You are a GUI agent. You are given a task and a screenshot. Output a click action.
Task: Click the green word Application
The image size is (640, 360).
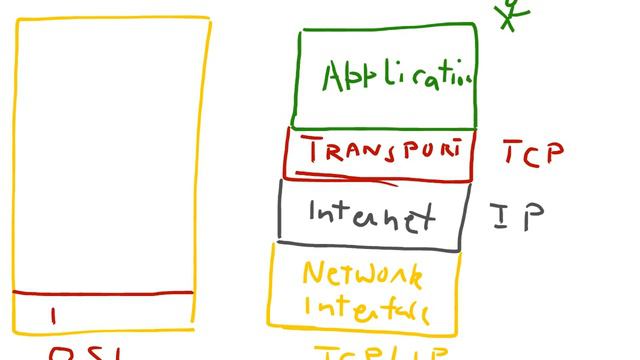(396, 76)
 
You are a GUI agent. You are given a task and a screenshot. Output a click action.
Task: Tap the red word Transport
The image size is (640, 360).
(386, 152)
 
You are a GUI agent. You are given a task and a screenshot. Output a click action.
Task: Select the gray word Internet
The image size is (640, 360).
(371, 215)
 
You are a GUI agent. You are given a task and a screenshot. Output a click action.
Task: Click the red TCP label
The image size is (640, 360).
(533, 153)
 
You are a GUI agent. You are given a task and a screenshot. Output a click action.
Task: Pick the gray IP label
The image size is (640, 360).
(517, 217)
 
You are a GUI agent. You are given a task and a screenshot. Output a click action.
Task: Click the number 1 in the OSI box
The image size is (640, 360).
(53, 317)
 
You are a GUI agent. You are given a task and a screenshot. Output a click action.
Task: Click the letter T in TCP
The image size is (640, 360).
(510, 153)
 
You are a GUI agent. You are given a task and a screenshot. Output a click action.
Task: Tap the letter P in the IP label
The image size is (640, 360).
(532, 216)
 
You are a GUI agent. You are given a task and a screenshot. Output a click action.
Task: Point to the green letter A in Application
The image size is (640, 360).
(334, 77)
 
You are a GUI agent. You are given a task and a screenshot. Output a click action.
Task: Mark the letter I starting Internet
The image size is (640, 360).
(313, 214)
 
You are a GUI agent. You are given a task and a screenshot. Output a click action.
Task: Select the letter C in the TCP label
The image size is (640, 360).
(533, 154)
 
